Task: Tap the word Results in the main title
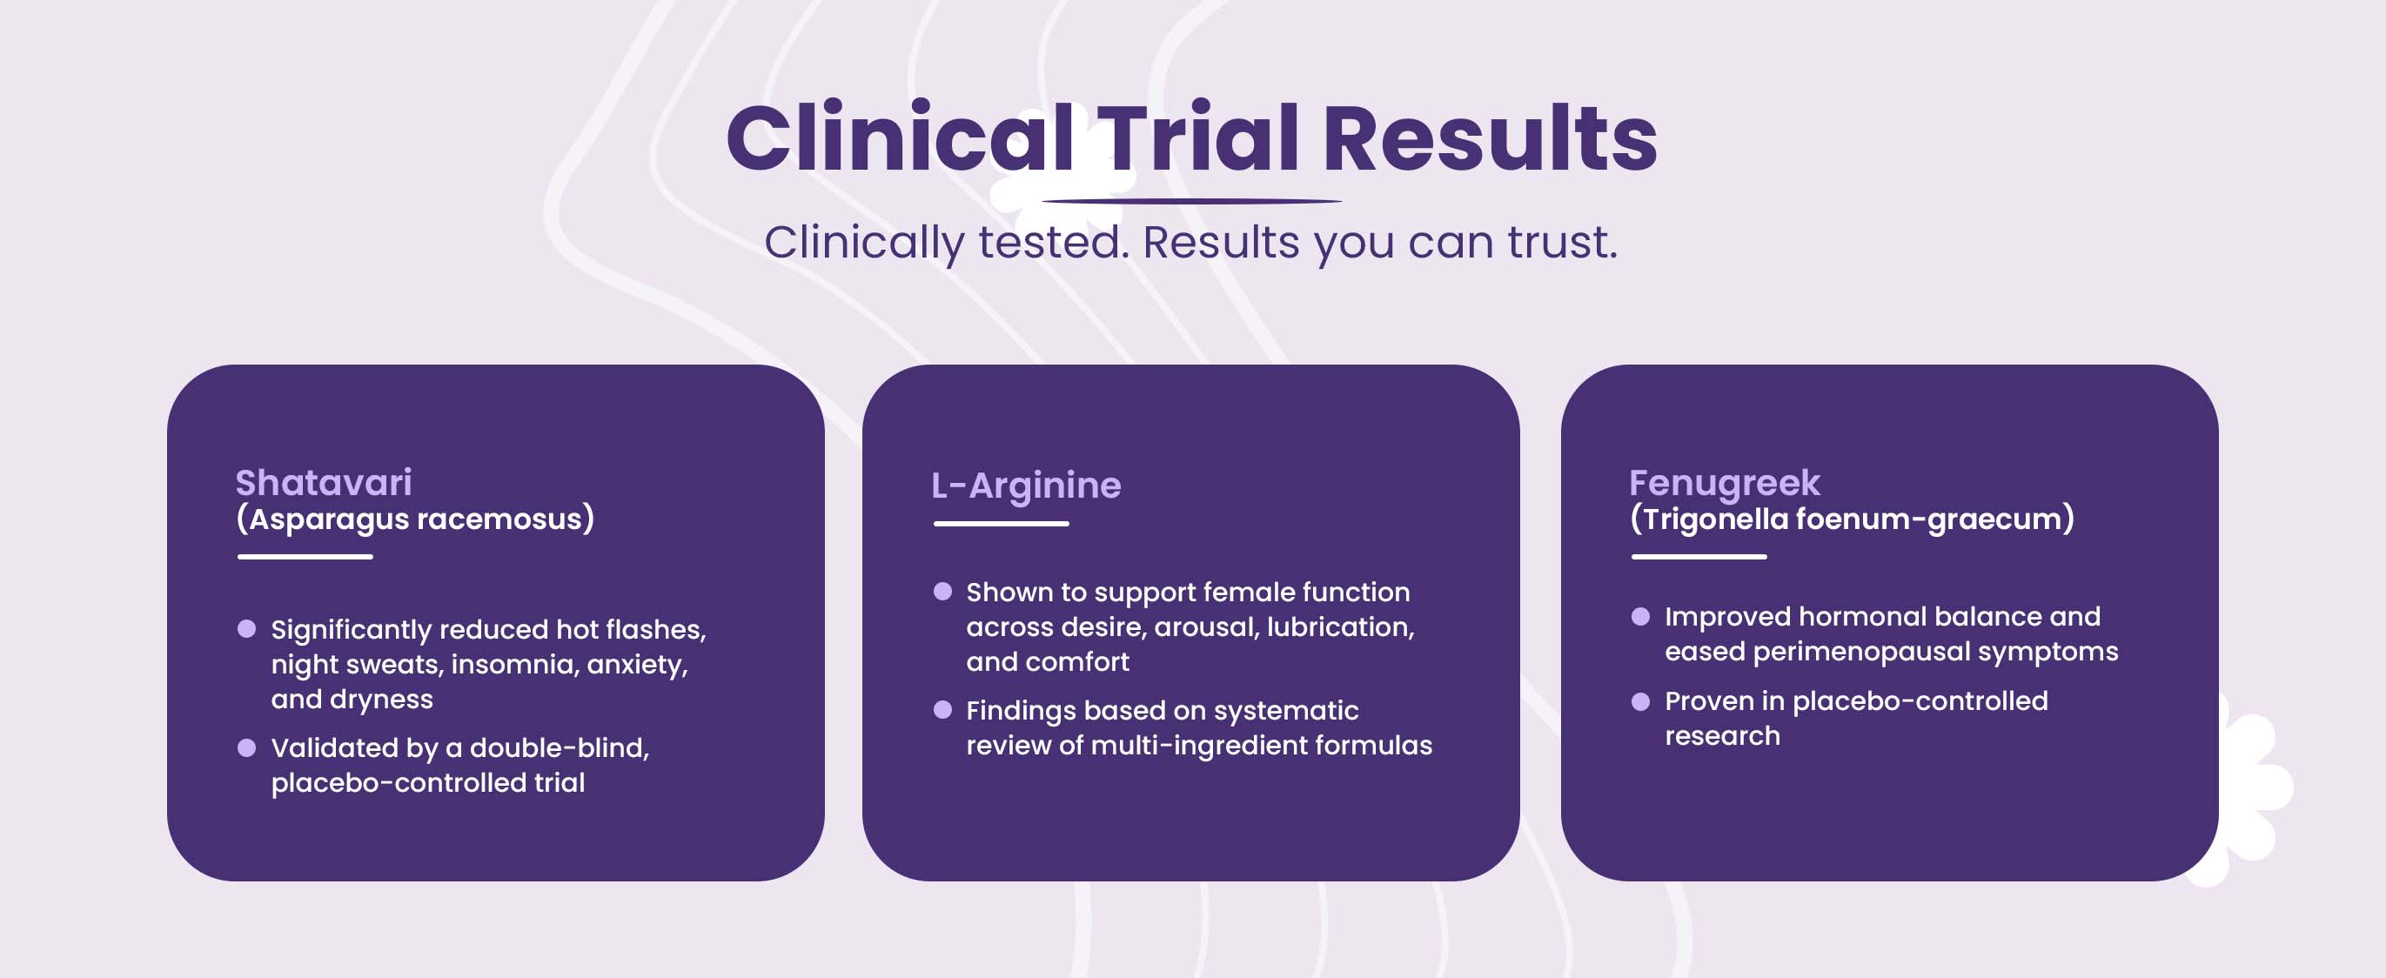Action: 1490,138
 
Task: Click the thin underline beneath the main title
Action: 1192,201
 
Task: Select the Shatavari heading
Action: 323,483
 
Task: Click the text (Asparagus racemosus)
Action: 415,519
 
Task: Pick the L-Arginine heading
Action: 1026,486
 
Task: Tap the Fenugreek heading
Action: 1725,484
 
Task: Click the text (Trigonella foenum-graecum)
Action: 1852,519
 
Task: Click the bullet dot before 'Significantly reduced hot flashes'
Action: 246,629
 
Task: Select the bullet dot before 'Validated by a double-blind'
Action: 246,747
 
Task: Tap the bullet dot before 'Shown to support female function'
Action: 943,591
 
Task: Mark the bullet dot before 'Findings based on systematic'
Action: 943,709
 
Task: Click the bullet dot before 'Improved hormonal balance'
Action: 1640,616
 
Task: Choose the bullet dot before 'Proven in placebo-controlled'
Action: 1640,701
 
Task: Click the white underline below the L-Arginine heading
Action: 1002,523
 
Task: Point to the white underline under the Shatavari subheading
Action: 305,557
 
